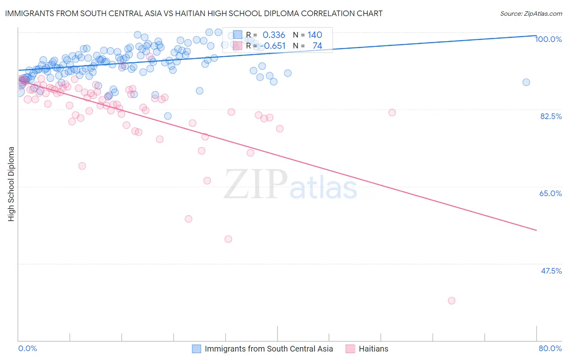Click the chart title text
click(x=194, y=13)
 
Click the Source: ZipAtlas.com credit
click(x=531, y=13)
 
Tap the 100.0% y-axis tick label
click(x=548, y=39)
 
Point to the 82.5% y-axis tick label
click(x=551, y=116)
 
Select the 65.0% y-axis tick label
click(x=550, y=193)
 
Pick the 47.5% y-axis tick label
click(x=551, y=271)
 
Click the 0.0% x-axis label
click(x=27, y=348)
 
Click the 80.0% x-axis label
click(x=550, y=348)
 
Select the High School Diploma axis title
click(x=11, y=184)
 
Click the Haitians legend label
click(x=373, y=349)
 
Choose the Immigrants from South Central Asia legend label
click(x=269, y=349)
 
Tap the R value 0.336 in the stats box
click(x=274, y=35)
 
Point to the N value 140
click(x=315, y=35)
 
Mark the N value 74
click(x=317, y=46)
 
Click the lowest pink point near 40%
click(x=451, y=301)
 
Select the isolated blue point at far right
click(x=526, y=82)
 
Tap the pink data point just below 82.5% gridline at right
click(x=392, y=113)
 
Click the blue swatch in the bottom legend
click(x=196, y=349)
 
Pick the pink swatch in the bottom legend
click(x=350, y=349)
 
